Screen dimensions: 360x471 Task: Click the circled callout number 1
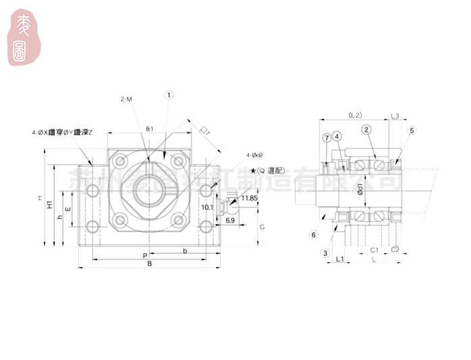coord(169,96)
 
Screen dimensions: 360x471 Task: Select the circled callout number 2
coord(366,130)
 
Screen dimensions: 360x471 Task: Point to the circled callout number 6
coord(312,234)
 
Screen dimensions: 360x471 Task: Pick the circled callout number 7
coord(326,137)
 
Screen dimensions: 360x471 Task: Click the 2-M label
coord(126,99)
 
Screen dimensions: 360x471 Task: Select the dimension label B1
coord(150,128)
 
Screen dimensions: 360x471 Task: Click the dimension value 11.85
coord(249,198)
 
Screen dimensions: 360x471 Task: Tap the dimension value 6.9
coord(230,221)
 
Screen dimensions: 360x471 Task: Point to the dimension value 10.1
coord(208,207)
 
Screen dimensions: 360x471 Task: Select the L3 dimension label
coord(395,115)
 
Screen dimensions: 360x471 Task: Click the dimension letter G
coord(262,228)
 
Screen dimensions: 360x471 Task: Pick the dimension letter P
coord(146,256)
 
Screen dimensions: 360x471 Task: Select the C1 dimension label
coord(375,249)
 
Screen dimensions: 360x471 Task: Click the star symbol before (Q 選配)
coord(253,171)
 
